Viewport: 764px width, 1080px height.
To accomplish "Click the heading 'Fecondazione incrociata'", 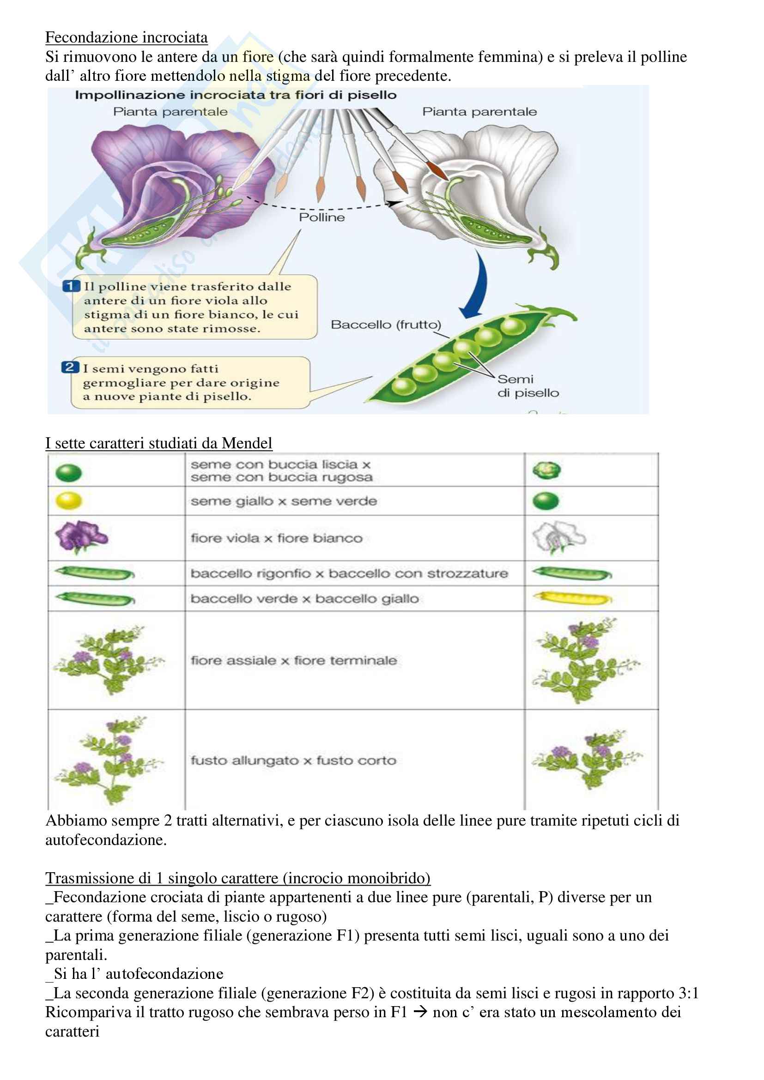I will click(126, 37).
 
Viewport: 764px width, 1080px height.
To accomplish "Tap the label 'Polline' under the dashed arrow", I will click(322, 217).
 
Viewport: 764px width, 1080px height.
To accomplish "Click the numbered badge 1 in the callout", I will click(71, 286).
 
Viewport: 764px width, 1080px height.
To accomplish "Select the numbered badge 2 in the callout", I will click(69, 368).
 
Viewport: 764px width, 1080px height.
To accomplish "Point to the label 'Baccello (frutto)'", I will click(386, 325).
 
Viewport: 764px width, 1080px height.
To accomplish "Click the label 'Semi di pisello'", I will click(528, 386).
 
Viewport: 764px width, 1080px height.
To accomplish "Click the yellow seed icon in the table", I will click(69, 501).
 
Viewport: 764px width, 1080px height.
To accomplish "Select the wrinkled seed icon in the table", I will click(546, 470).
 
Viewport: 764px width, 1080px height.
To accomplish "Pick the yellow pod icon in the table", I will click(572, 598).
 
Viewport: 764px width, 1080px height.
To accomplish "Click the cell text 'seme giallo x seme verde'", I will click(284, 501).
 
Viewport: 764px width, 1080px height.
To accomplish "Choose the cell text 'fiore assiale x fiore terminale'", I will click(294, 660).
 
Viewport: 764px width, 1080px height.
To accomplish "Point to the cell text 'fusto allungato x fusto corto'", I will click(293, 760).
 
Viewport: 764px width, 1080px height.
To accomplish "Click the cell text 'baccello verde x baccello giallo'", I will click(304, 599).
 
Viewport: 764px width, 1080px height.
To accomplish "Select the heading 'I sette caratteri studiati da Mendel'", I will click(158, 443).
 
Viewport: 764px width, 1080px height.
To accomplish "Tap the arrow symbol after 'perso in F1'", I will click(419, 1012).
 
